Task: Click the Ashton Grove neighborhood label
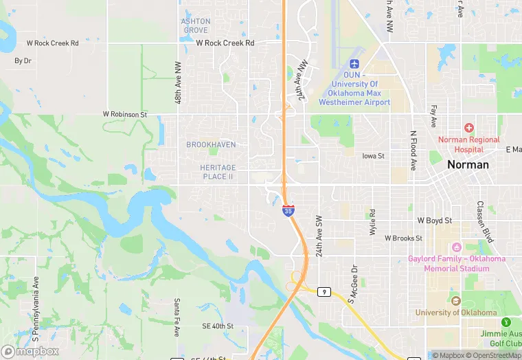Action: point(195,25)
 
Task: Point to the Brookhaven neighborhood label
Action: point(211,144)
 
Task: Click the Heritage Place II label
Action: point(218,172)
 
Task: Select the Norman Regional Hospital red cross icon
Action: point(469,128)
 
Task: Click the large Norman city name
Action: point(468,164)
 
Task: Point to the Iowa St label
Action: point(373,156)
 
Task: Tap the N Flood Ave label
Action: point(413,150)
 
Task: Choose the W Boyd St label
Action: point(435,221)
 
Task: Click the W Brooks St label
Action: point(404,238)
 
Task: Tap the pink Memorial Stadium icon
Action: point(455,247)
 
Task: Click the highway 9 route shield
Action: point(324,292)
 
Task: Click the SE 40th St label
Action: point(218,326)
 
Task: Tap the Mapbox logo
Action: point(30,351)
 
